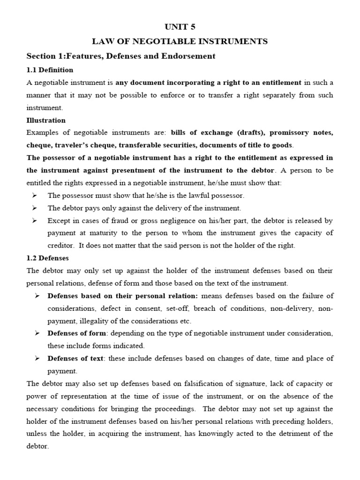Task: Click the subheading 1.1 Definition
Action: click(x=50, y=70)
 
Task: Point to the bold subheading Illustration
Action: click(x=46, y=120)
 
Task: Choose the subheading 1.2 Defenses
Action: click(x=47, y=258)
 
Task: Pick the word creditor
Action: click(x=61, y=245)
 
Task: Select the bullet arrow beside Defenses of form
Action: click(x=37, y=333)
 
